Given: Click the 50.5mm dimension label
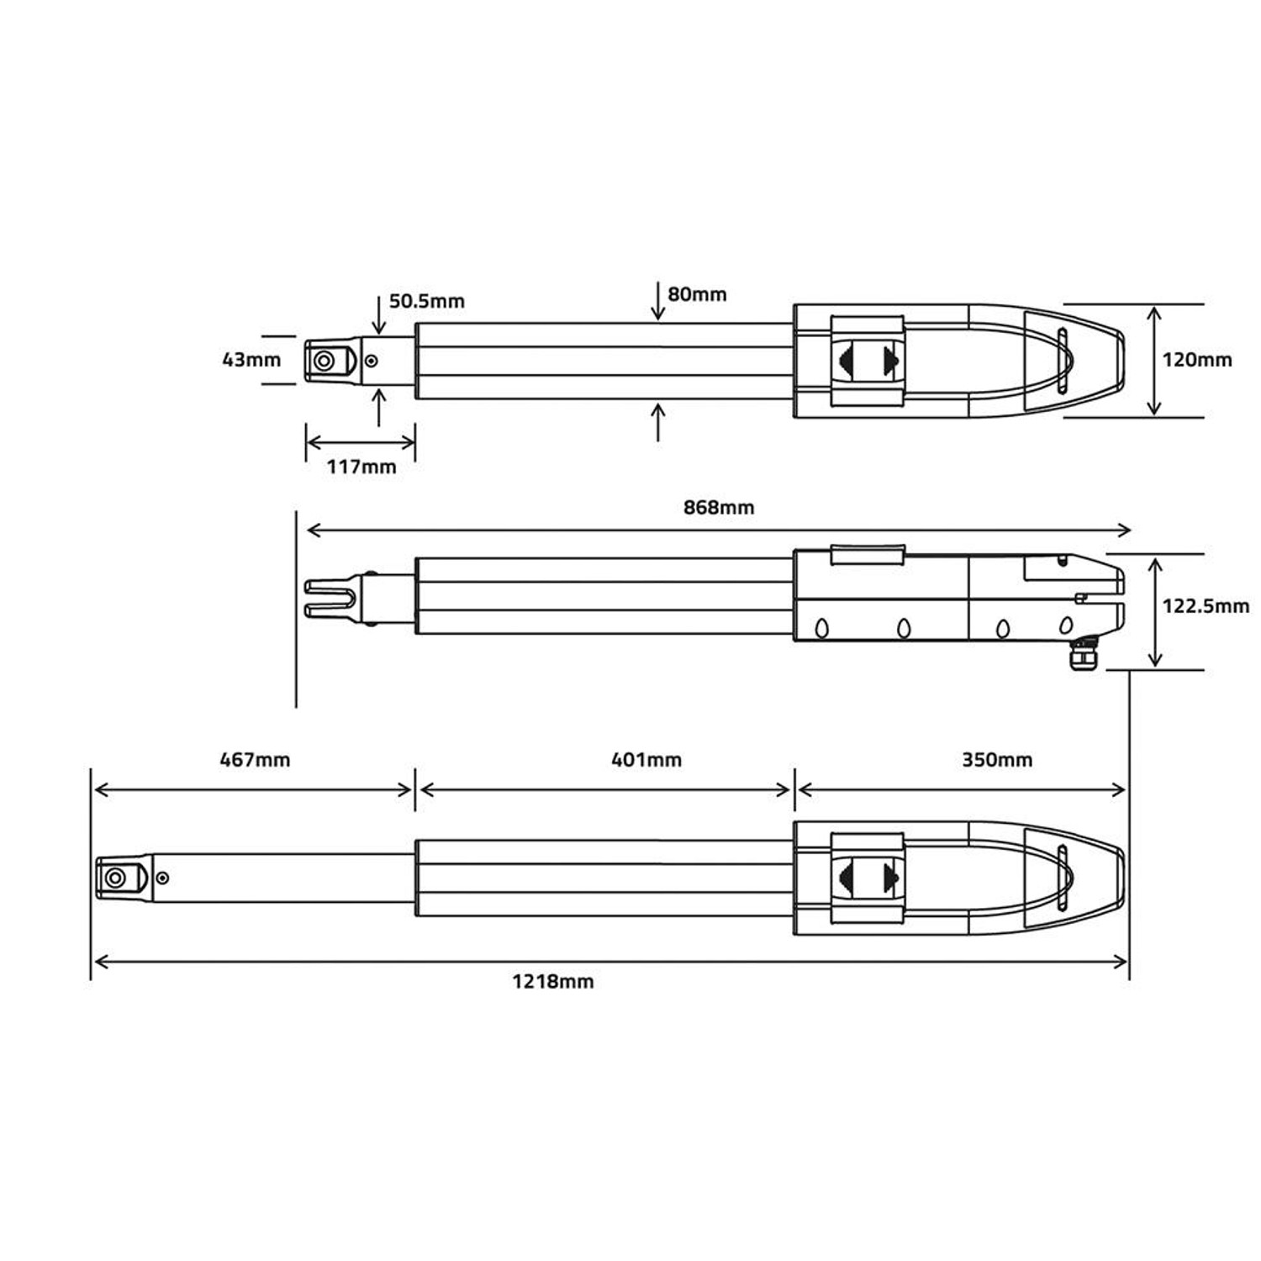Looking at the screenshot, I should pos(426,301).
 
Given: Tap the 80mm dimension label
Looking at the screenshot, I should pos(697,294).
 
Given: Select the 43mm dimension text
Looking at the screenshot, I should pos(251,360).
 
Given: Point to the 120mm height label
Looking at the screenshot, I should pos(1196,360).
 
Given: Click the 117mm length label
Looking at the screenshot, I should pos(361,467).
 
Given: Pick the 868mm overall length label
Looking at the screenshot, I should pos(719,507).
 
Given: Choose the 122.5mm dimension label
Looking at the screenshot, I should pos(1205,605).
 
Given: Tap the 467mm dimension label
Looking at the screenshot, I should pos(255,760).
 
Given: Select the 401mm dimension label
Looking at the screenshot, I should pos(646,760).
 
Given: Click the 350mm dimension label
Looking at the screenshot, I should pos(997,760).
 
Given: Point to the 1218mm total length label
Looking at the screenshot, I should pos(553,981).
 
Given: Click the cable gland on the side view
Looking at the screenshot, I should pos(1083,654).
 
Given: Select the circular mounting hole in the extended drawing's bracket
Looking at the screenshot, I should pos(115,879).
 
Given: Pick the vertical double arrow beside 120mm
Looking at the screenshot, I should pos(1154,360).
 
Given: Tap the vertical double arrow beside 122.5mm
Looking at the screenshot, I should pos(1156,611).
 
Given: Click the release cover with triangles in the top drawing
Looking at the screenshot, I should pos(868,361).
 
